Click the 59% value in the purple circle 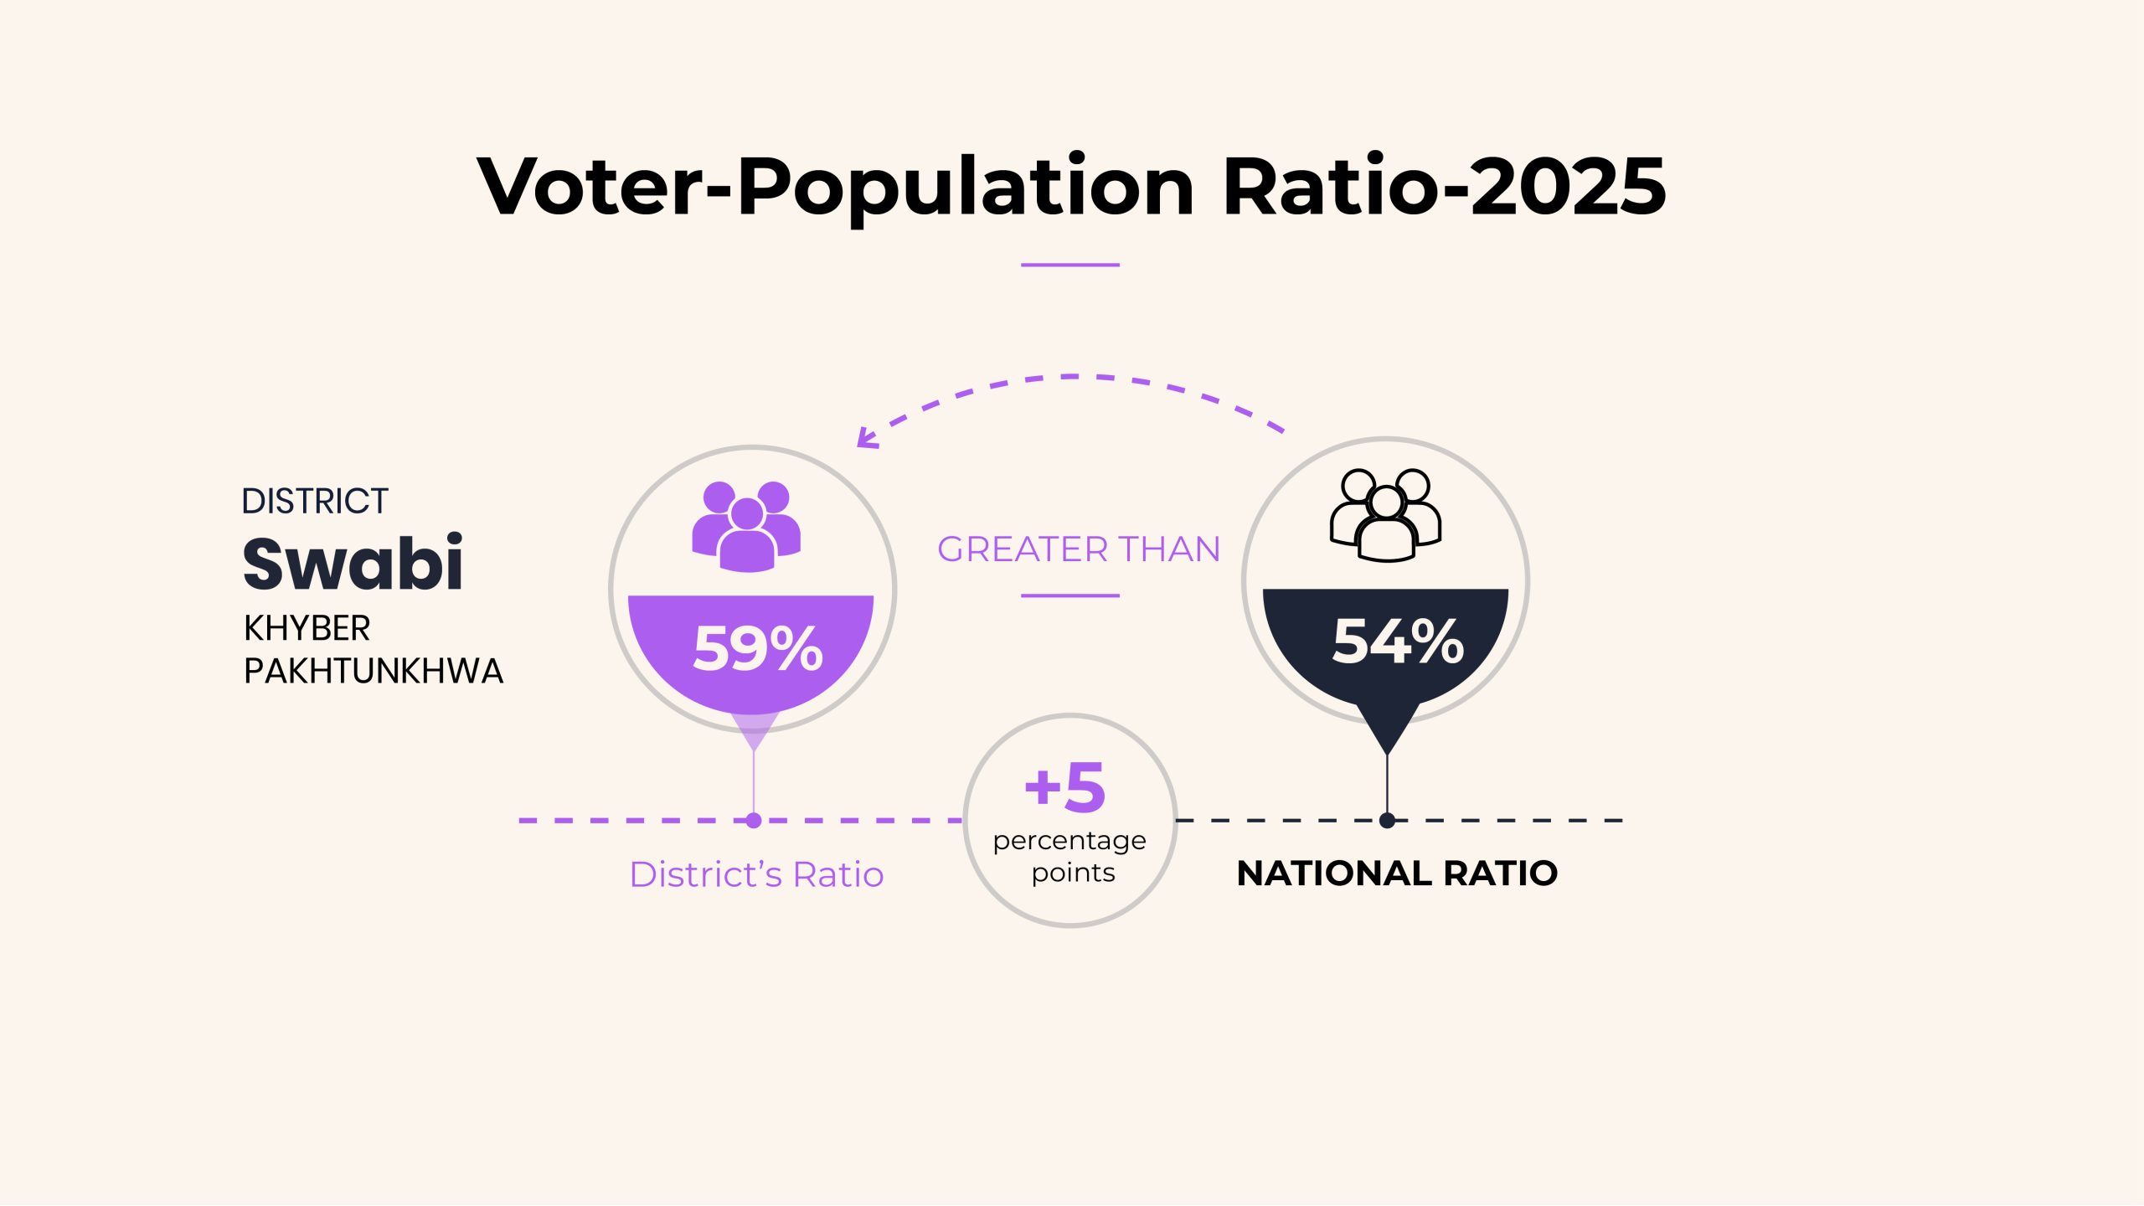758,648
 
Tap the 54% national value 1398,642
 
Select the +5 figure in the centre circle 1065,787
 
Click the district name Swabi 353,563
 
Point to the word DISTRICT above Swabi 315,501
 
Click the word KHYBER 307,628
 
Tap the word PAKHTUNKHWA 374,671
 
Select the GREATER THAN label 1079,549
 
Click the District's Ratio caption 756,874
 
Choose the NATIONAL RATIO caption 1397,874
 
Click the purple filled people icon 746,527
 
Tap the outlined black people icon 1386,515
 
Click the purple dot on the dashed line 754,821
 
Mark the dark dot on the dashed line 1387,821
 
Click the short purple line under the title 1070,265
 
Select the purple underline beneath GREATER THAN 1070,595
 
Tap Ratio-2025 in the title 1445,186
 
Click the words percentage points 1070,857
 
